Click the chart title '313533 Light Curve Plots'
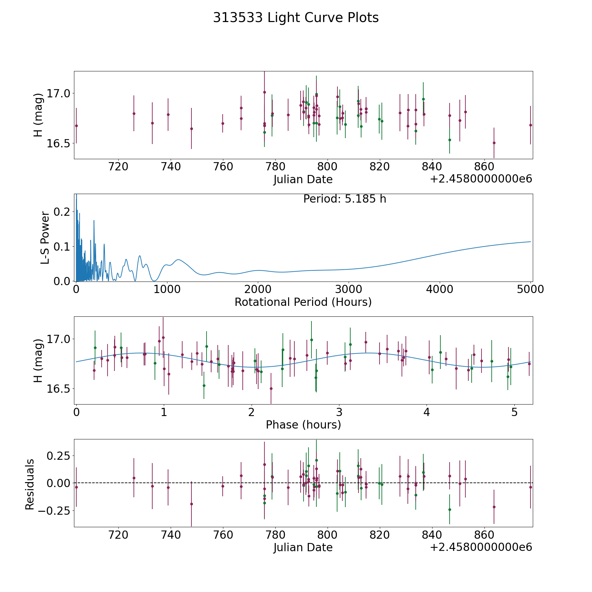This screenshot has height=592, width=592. click(x=296, y=18)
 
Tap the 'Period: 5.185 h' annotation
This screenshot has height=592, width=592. click(x=344, y=199)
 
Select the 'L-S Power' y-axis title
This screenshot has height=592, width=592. click(x=45, y=237)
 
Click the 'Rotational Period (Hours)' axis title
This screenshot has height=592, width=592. click(x=303, y=302)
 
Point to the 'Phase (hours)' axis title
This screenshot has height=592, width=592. click(x=303, y=425)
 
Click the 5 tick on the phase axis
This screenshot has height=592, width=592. click(x=514, y=412)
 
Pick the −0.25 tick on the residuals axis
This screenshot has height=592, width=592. click(x=54, y=510)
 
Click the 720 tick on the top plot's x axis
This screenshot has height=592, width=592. click(x=118, y=167)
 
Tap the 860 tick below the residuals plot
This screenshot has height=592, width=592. click(x=484, y=535)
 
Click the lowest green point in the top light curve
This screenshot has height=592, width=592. click(x=450, y=140)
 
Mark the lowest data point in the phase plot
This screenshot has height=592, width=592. click(x=271, y=388)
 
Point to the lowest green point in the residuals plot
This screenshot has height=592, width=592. click(x=450, y=509)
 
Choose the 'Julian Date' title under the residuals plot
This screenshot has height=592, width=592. click(x=303, y=547)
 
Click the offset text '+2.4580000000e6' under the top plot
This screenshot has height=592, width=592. click(x=481, y=179)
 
